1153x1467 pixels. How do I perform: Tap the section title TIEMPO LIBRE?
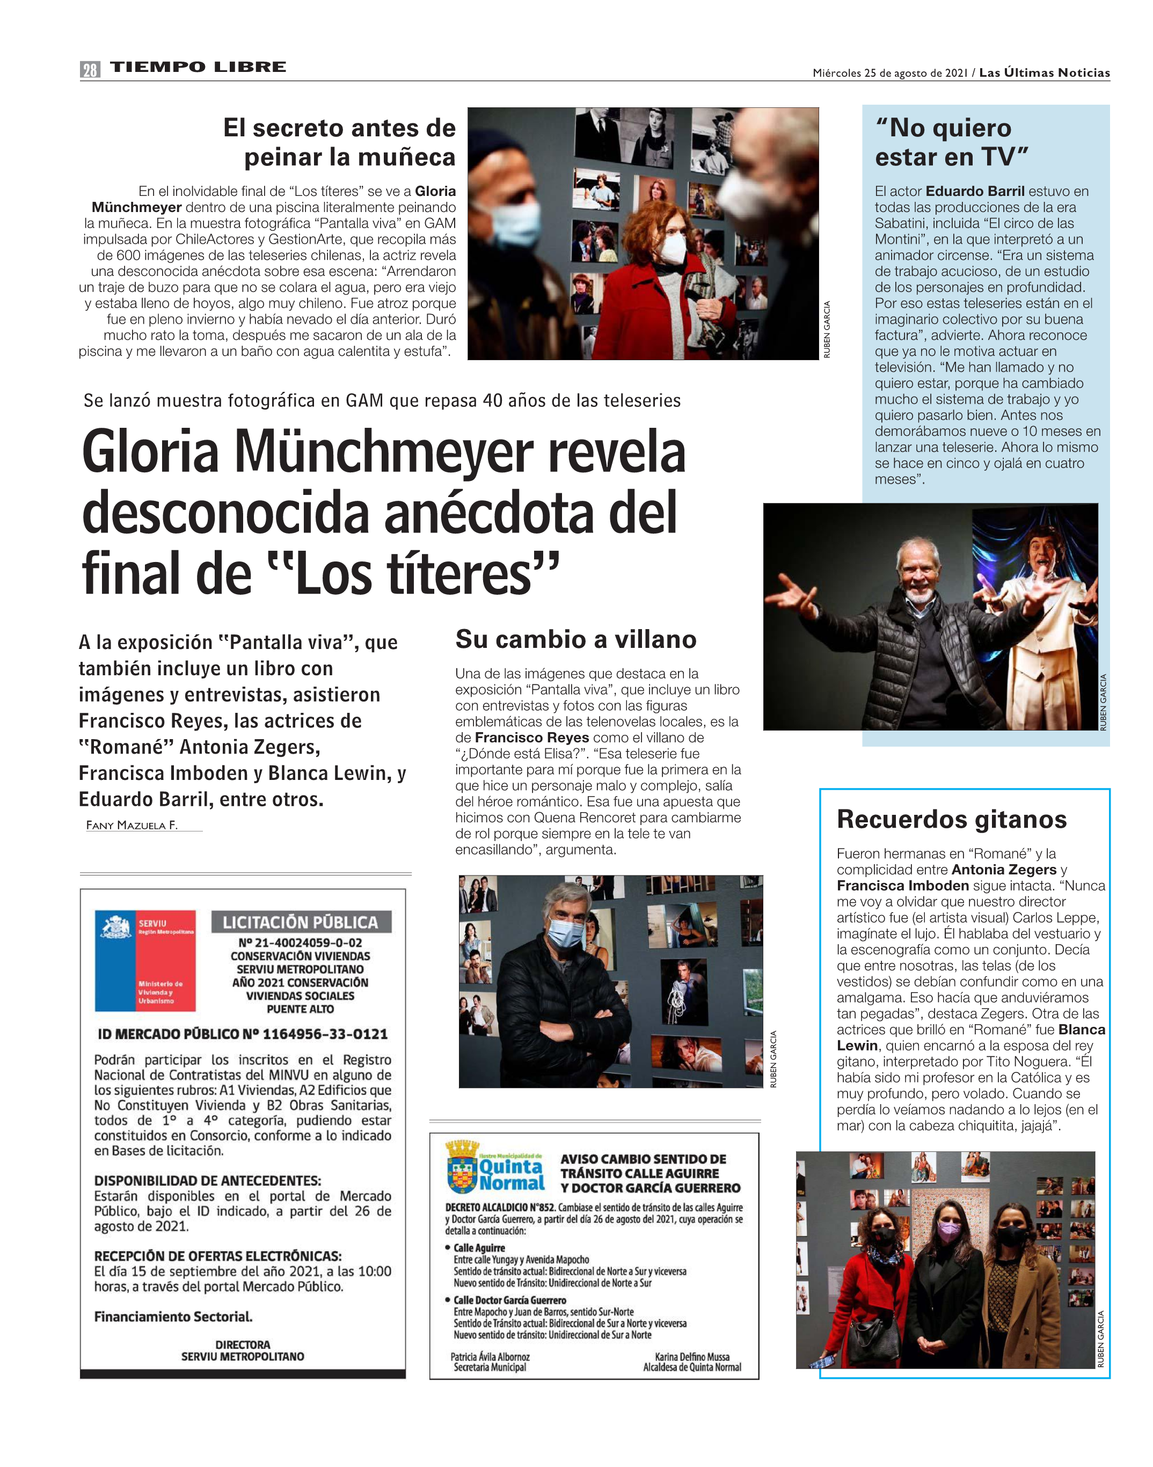[198, 67]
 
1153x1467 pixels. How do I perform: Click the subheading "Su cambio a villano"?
[576, 639]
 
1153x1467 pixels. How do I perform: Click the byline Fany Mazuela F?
[132, 825]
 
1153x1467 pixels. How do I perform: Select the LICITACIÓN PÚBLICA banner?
[301, 922]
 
